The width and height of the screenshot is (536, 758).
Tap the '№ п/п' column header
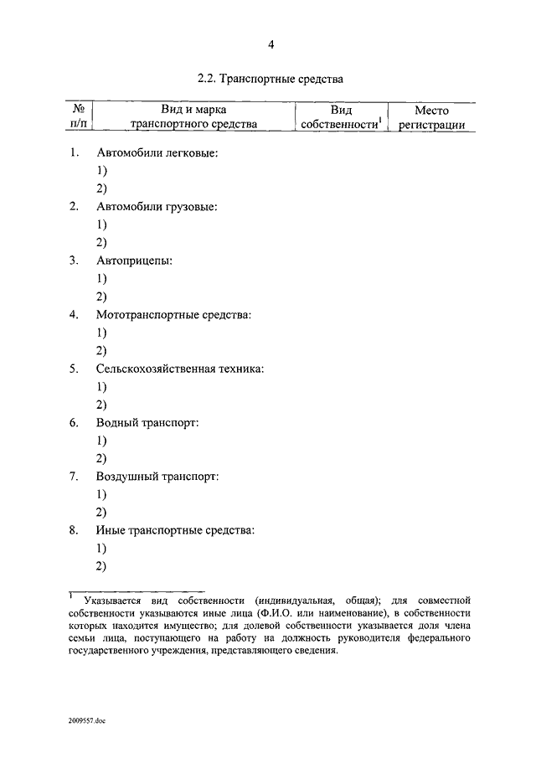[x=79, y=117]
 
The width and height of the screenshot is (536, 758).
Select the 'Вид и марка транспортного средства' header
[x=193, y=117]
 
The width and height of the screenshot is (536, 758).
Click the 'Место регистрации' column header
[x=431, y=117]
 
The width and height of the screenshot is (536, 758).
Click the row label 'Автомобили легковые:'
[x=157, y=153]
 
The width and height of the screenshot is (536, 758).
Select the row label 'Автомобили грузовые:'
[x=157, y=207]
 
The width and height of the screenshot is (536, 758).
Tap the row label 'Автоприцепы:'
[x=134, y=260]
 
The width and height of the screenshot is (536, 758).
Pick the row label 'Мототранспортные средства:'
[x=173, y=315]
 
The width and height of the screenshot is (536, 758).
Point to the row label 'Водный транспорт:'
[x=147, y=423]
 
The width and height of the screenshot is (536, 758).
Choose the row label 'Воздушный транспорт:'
[x=157, y=477]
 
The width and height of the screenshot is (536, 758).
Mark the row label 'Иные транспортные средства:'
[x=175, y=530]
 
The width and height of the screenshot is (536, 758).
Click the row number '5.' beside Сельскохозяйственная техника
[x=74, y=369]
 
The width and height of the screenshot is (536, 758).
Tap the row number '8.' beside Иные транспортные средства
[x=74, y=530]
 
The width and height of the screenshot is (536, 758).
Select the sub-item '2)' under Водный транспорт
[x=101, y=458]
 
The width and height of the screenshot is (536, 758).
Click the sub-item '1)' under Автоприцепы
[x=101, y=279]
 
